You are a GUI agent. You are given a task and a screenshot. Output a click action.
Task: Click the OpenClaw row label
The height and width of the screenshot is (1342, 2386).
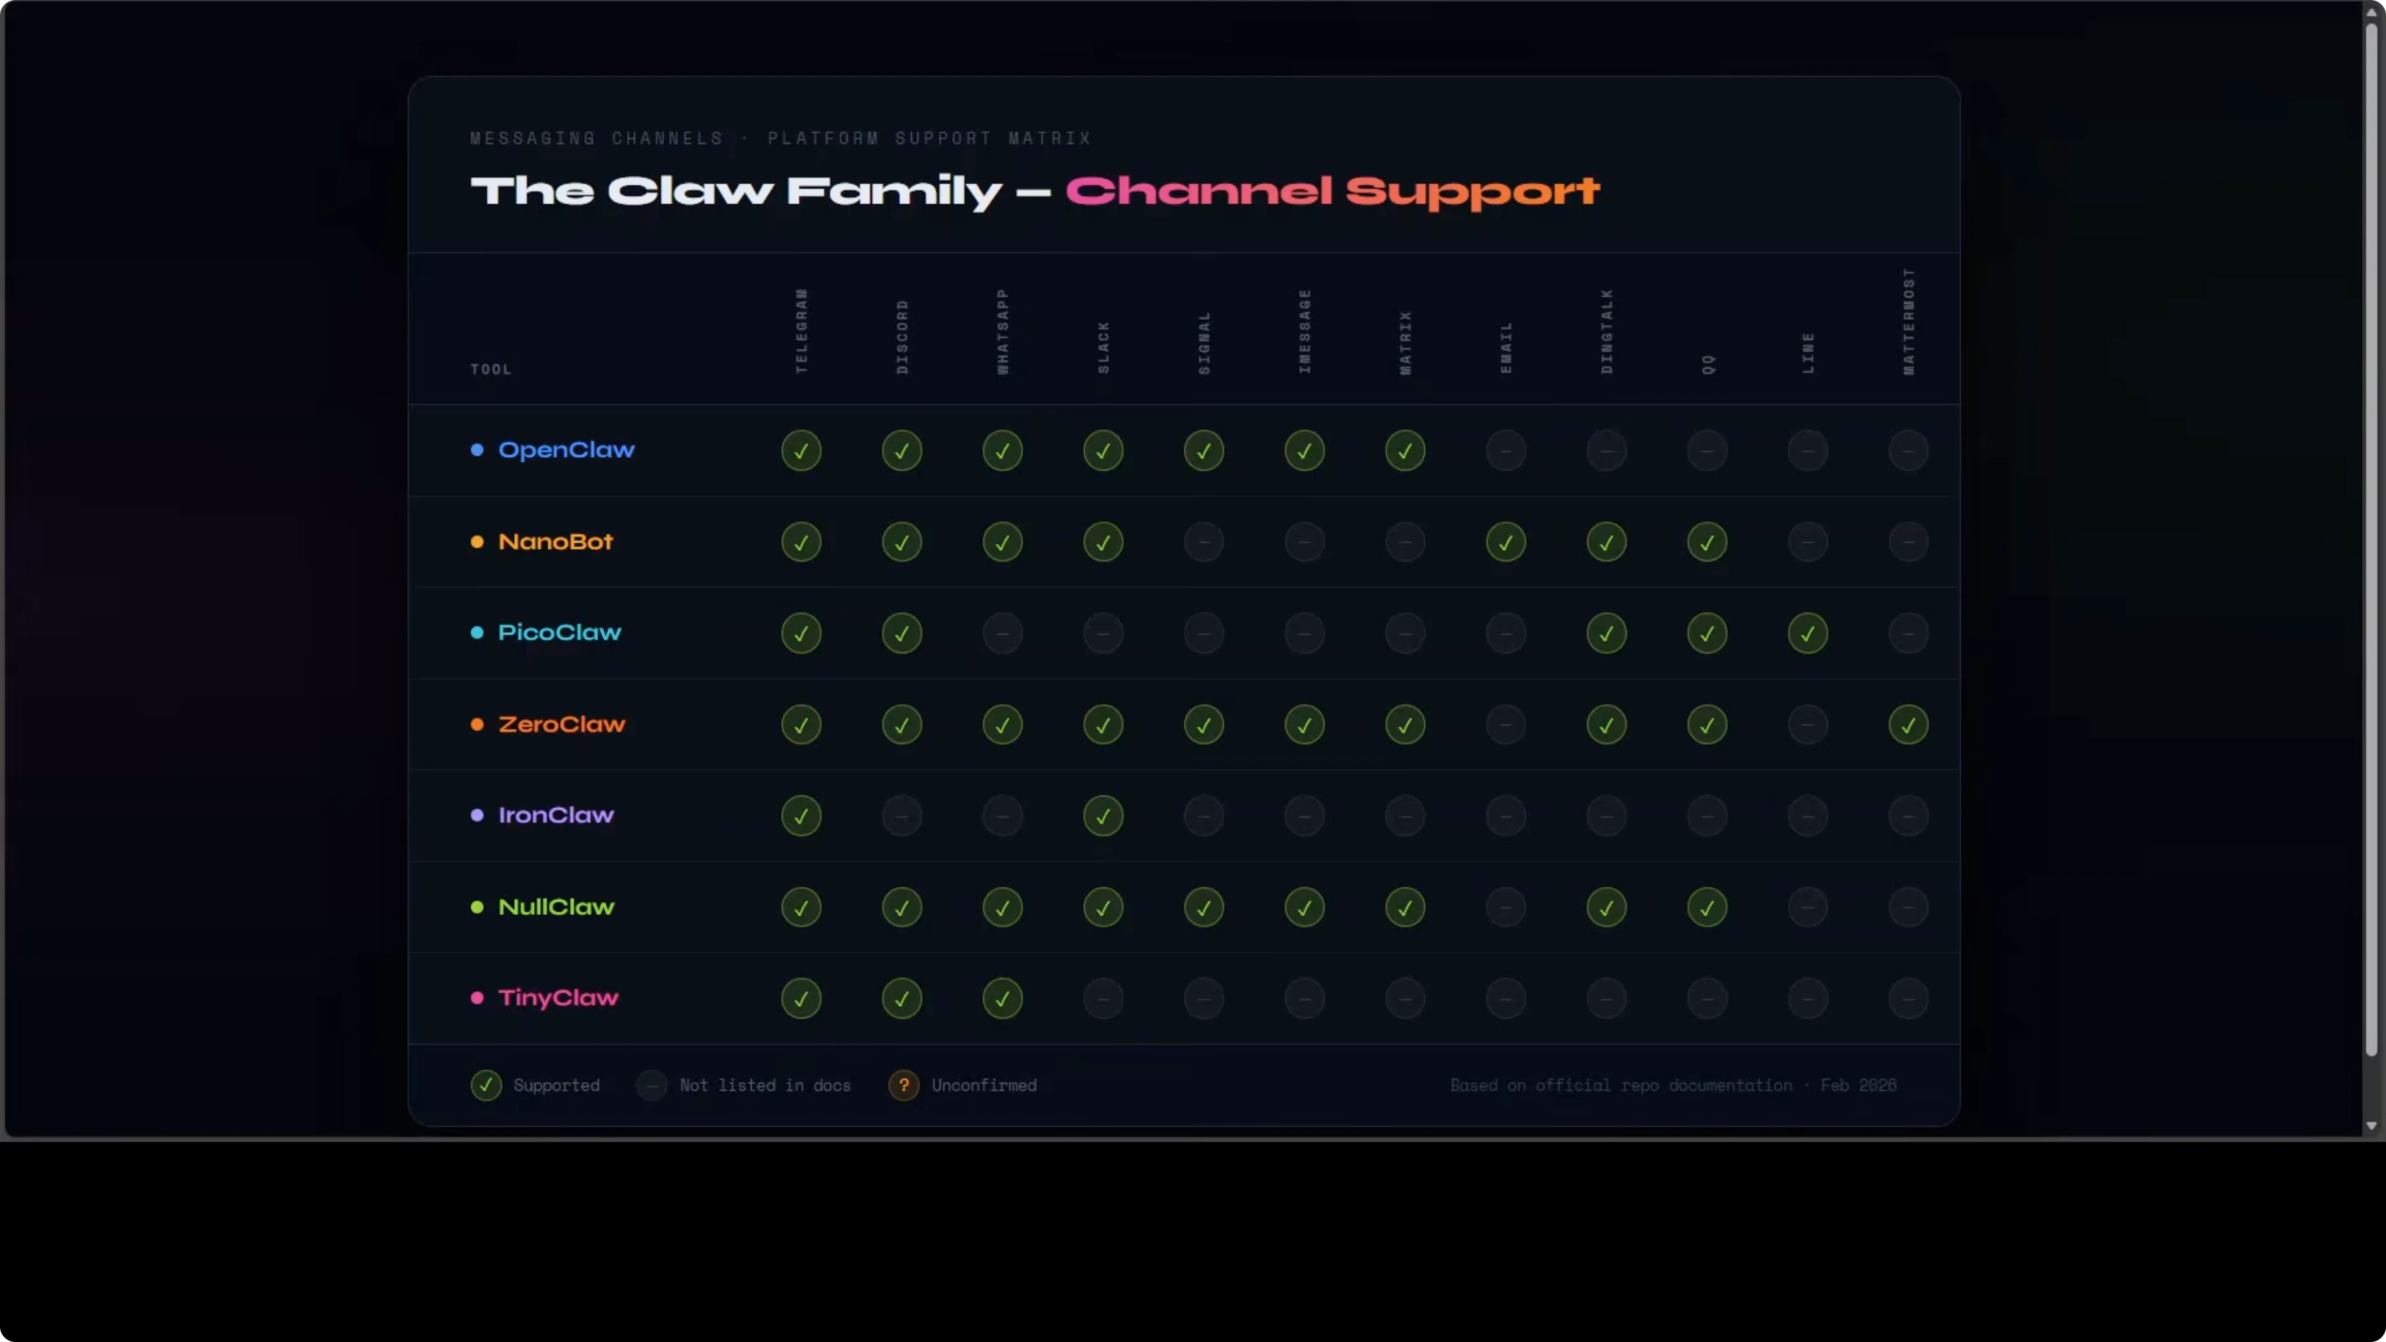click(x=566, y=450)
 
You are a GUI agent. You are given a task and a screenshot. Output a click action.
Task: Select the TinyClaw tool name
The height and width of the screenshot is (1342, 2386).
click(x=558, y=998)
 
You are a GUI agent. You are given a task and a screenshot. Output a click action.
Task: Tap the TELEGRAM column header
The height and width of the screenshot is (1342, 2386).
click(x=801, y=331)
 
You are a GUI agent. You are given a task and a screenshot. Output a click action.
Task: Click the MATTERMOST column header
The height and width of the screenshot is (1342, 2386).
click(x=1908, y=322)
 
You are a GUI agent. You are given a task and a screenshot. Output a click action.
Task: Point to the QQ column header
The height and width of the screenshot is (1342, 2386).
click(x=1708, y=364)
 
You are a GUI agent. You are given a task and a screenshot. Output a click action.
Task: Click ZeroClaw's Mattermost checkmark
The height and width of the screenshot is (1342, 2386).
click(x=1908, y=724)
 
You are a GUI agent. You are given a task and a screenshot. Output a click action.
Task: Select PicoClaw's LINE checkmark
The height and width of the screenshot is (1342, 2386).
click(x=1807, y=633)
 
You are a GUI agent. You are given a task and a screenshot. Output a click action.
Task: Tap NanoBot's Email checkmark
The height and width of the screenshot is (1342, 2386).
click(x=1505, y=542)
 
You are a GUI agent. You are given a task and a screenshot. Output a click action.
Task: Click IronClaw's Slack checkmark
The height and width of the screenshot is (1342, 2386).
click(x=1102, y=816)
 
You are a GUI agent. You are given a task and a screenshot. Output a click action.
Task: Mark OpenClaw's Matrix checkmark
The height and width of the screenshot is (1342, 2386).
click(x=1404, y=451)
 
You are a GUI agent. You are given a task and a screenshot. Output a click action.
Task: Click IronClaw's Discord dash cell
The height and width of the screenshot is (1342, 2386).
click(x=901, y=816)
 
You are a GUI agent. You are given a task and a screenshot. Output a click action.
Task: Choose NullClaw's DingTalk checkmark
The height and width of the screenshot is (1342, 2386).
click(x=1606, y=908)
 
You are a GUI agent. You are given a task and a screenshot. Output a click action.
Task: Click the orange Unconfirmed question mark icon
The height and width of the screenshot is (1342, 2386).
click(x=903, y=1085)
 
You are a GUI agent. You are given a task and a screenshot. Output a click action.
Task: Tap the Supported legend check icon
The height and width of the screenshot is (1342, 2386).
click(x=486, y=1085)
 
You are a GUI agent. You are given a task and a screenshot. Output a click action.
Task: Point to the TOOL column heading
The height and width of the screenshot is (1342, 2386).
click(x=490, y=370)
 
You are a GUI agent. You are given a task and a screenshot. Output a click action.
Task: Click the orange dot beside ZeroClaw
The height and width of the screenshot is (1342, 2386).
click(x=477, y=724)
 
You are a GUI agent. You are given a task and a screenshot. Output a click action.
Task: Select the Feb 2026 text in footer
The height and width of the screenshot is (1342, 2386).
click(x=1858, y=1085)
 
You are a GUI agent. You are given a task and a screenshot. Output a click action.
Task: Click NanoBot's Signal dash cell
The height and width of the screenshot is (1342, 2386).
click(x=1203, y=542)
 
